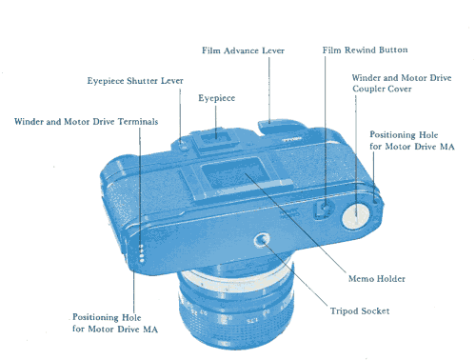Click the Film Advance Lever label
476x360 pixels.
pyautogui.click(x=243, y=50)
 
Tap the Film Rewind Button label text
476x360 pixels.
pyautogui.click(x=365, y=50)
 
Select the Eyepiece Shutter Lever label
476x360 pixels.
pyautogui.click(x=135, y=81)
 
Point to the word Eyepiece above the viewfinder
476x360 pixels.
pyautogui.click(x=217, y=98)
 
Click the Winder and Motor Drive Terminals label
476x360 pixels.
pyautogui.click(x=86, y=122)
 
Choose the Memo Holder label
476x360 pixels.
pyautogui.click(x=377, y=279)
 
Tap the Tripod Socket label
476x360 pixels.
pyautogui.click(x=360, y=310)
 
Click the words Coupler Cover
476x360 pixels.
pyautogui.click(x=382, y=89)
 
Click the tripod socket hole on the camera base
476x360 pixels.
pyautogui.click(x=262, y=240)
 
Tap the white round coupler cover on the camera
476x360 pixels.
pyautogui.click(x=356, y=216)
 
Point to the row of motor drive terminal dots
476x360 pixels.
pyautogui.click(x=142, y=253)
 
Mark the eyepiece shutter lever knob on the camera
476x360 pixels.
pyautogui.click(x=182, y=147)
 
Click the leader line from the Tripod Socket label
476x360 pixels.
pyautogui.click(x=296, y=274)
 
